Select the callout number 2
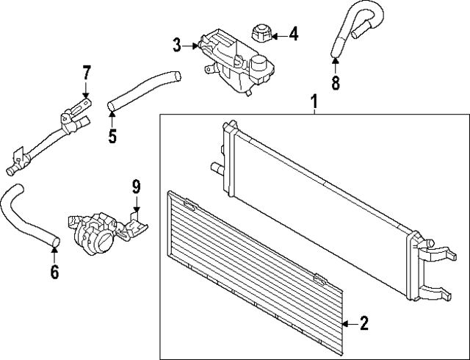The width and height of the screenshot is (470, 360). pos(364,323)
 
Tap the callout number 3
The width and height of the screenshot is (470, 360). pos(177,46)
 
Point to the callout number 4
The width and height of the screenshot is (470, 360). pos(294,34)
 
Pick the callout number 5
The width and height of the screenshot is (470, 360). pos(112,136)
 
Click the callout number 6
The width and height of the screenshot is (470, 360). pos(54,272)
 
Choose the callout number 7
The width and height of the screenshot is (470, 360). pos(86,72)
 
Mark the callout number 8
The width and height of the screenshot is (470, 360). pos(336,82)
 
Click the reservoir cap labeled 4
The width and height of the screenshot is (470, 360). pos(261,33)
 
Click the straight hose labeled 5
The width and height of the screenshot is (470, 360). pos(143,90)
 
